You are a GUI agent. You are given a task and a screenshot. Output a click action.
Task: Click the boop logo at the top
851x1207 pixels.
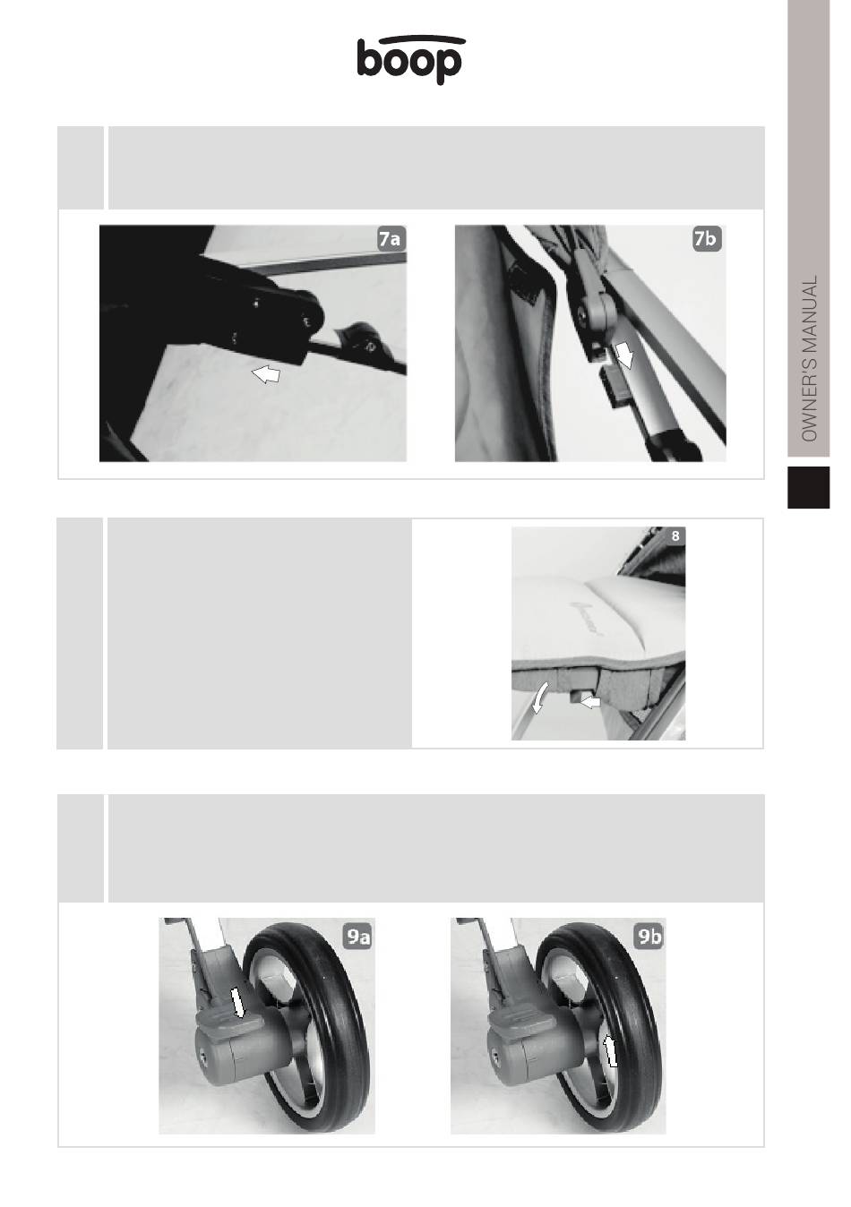tap(410, 60)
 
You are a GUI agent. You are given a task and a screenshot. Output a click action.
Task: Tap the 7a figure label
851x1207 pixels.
tap(391, 239)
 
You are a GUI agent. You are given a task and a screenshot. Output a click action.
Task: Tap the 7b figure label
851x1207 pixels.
tap(707, 239)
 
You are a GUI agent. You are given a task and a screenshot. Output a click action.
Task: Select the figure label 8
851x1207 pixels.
tap(675, 536)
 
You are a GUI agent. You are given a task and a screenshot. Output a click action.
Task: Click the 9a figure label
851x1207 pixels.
tap(357, 937)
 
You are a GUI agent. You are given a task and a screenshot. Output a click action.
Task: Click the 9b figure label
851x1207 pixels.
tap(649, 937)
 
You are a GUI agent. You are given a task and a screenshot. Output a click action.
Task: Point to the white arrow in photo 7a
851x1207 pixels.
tap(266, 374)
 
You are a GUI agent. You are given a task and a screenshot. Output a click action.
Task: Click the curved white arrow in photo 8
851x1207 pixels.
tap(540, 698)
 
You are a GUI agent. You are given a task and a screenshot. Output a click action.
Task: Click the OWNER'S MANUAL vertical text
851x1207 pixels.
tap(809, 359)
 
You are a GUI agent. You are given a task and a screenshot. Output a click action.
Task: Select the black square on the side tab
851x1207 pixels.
tap(808, 487)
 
